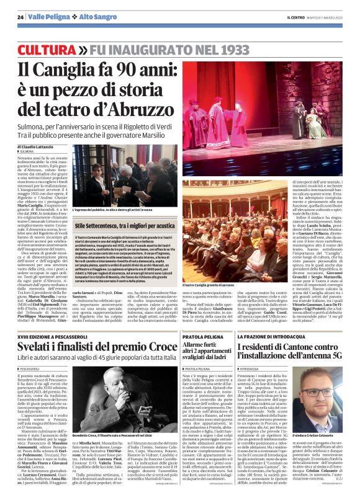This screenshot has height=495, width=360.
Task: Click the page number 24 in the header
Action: pos(20,16)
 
